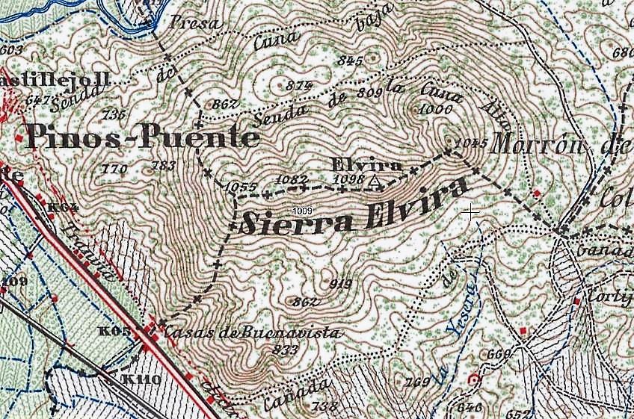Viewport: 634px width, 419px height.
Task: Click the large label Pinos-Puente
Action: click(x=143, y=137)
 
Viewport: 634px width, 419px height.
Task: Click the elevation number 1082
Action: click(x=291, y=180)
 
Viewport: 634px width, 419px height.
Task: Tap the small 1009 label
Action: click(x=304, y=211)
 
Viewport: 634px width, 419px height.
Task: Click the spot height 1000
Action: click(x=437, y=109)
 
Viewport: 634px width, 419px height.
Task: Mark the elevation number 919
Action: click(x=340, y=284)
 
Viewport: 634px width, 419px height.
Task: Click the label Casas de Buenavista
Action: click(x=252, y=333)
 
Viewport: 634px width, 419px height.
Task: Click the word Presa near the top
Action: click(x=197, y=23)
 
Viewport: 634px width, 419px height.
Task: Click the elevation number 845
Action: click(x=350, y=60)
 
